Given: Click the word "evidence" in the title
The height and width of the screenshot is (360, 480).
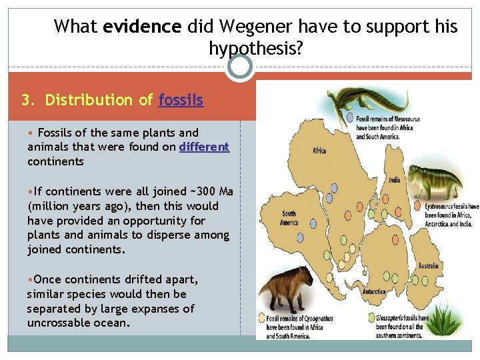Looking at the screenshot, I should pos(142,27).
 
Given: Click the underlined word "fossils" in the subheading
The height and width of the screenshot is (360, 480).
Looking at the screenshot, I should pos(181,100).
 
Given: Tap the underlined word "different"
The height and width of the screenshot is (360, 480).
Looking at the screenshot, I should pos(204,147).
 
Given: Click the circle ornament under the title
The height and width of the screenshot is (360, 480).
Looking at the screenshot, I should pos(239,67).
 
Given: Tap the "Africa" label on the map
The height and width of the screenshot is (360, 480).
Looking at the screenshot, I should pos(319,151).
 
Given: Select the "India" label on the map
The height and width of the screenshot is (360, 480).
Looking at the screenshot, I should pos(395,179).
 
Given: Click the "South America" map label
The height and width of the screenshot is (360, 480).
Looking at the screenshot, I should pos(289,218).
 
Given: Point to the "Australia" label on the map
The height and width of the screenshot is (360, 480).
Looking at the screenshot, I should pos(428,265).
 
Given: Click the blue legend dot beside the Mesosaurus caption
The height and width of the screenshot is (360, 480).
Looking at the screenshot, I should pos(351,119).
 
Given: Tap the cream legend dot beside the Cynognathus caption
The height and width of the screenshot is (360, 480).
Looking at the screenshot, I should pos(262,319).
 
